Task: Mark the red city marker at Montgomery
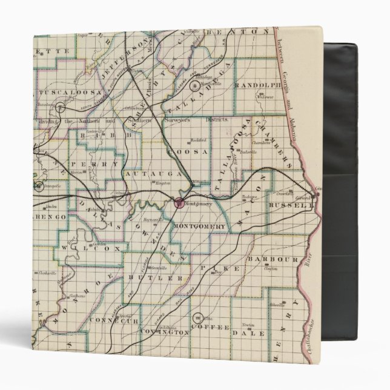(179, 203)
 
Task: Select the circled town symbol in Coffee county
(198, 317)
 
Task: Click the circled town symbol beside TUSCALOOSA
(61, 108)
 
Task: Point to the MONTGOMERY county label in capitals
(199, 227)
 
